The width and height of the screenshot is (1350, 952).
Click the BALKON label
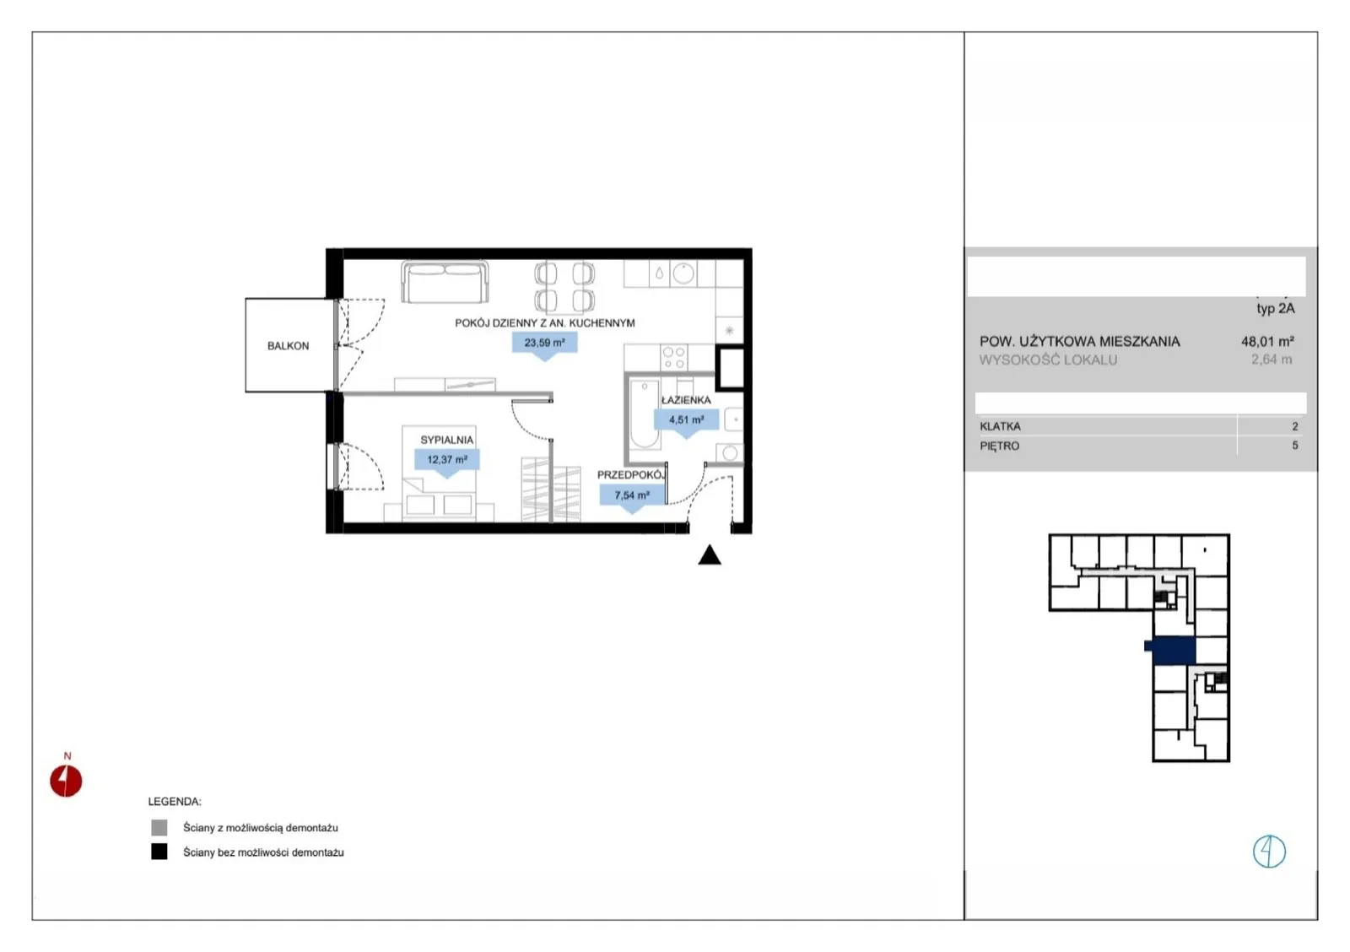[288, 346]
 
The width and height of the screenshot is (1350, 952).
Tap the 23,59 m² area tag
[545, 343]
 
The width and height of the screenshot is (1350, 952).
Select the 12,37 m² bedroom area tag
[447, 460]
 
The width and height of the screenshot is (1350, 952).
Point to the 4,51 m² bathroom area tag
[687, 420]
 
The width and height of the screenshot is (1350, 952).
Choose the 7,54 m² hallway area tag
[632, 496]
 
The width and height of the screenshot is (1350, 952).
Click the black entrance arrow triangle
[710, 556]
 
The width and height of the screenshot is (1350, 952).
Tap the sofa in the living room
[445, 282]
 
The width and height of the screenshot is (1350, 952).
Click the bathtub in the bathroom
[645, 414]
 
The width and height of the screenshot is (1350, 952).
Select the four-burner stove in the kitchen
[674, 358]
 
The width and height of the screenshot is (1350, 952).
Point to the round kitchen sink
[683, 273]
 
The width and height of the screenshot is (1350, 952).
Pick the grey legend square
[159, 828]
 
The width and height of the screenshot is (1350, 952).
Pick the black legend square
[159, 852]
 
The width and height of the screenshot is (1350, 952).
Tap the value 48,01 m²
[1267, 342]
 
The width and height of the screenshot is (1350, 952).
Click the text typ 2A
[1275, 309]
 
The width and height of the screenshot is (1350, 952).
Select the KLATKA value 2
[1294, 427]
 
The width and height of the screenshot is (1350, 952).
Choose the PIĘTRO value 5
[1294, 446]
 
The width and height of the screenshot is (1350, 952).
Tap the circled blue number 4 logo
[1269, 852]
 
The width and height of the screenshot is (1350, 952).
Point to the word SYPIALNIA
[447, 440]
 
